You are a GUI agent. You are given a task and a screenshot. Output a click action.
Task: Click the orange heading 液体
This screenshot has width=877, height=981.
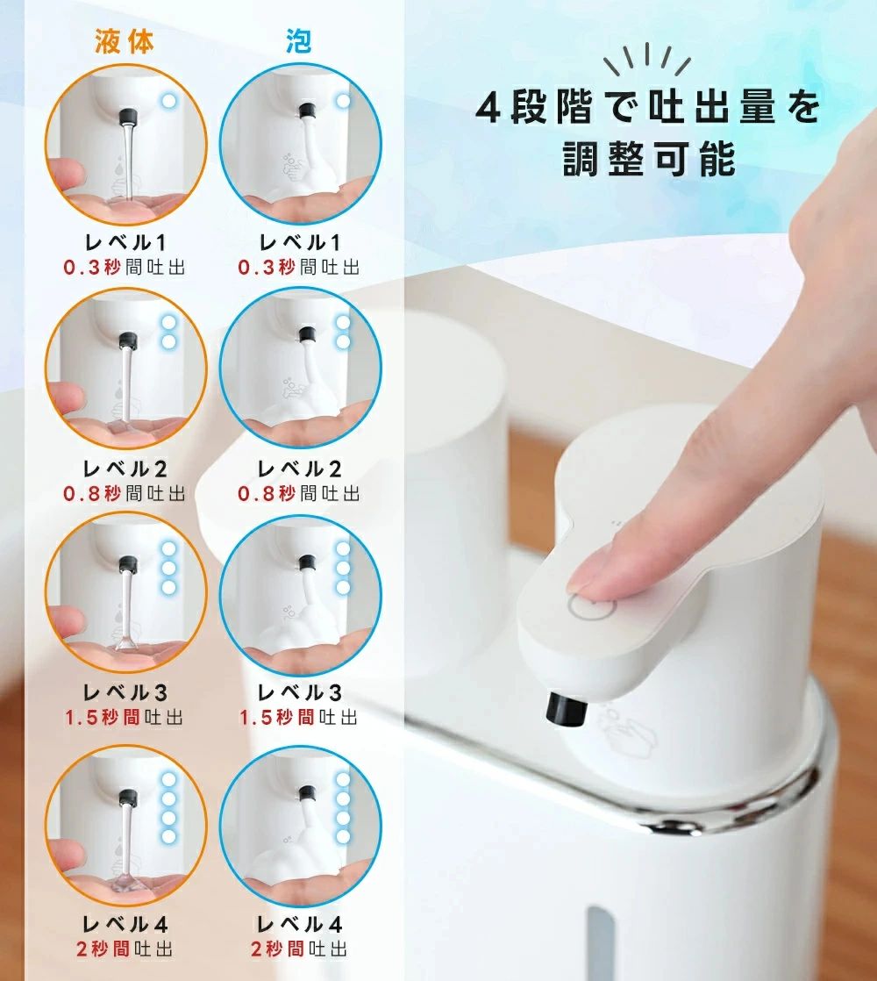(x=125, y=42)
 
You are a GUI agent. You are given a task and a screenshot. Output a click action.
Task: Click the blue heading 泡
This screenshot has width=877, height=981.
(x=299, y=42)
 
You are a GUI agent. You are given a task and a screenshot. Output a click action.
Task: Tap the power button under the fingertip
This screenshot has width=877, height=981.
(x=592, y=605)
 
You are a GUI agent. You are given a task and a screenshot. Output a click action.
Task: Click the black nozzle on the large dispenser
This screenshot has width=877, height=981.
(x=567, y=710)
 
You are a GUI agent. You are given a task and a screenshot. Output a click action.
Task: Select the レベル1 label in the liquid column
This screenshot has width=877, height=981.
(x=125, y=242)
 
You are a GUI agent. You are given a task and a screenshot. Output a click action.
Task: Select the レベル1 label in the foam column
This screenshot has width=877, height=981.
(x=300, y=242)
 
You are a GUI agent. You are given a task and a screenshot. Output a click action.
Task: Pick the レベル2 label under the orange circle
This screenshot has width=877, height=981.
(x=125, y=469)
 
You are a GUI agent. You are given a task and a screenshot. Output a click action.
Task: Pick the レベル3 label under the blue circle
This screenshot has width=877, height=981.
(x=299, y=692)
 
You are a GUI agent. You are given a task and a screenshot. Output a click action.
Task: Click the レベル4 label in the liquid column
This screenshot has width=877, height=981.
(x=125, y=924)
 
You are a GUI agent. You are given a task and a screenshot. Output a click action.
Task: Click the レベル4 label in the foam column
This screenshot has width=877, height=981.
(x=299, y=924)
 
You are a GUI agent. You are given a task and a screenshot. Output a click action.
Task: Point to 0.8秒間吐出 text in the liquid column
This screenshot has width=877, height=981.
(x=125, y=494)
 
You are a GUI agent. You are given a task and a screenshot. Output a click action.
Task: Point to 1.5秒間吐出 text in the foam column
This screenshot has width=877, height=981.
(x=299, y=717)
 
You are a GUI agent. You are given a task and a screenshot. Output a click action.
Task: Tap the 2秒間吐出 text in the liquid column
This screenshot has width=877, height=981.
(x=125, y=949)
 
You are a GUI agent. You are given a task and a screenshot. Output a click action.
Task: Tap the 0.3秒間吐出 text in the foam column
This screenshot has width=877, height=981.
(x=299, y=267)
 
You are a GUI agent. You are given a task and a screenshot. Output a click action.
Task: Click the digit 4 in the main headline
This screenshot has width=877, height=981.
(x=488, y=108)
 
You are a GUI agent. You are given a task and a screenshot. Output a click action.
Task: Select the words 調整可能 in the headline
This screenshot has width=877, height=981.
(x=649, y=159)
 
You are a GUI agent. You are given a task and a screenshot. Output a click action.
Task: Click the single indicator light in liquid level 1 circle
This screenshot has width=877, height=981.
(x=168, y=100)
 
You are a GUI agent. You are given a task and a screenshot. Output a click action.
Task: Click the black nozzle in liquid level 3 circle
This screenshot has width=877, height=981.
(x=127, y=564)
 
